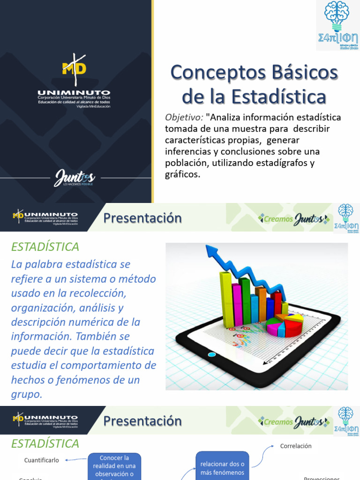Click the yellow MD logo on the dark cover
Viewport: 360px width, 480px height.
click(75, 67)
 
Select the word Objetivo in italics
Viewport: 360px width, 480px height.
click(184, 117)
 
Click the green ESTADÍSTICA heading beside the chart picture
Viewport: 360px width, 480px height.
click(45, 247)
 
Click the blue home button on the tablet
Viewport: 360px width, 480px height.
click(212, 354)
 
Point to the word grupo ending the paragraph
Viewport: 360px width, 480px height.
click(27, 394)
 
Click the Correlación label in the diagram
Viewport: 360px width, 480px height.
click(296, 446)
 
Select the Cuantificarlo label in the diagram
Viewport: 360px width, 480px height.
click(42, 460)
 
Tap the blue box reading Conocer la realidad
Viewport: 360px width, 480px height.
click(114, 465)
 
